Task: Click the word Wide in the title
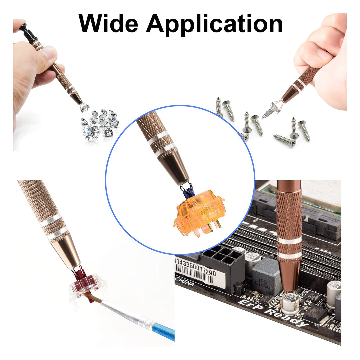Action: pyautogui.click(x=108, y=24)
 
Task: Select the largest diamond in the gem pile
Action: pyautogui.click(x=91, y=132)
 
